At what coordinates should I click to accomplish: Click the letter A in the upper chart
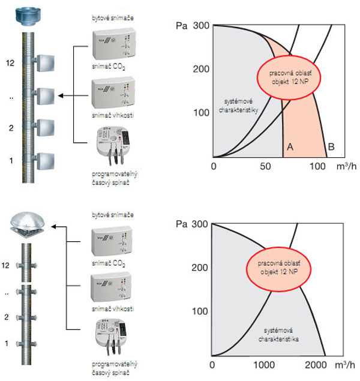pyautogui.click(x=290, y=147)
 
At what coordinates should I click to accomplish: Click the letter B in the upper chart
pyautogui.click(x=331, y=147)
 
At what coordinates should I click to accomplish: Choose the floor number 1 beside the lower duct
pyautogui.click(x=7, y=343)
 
